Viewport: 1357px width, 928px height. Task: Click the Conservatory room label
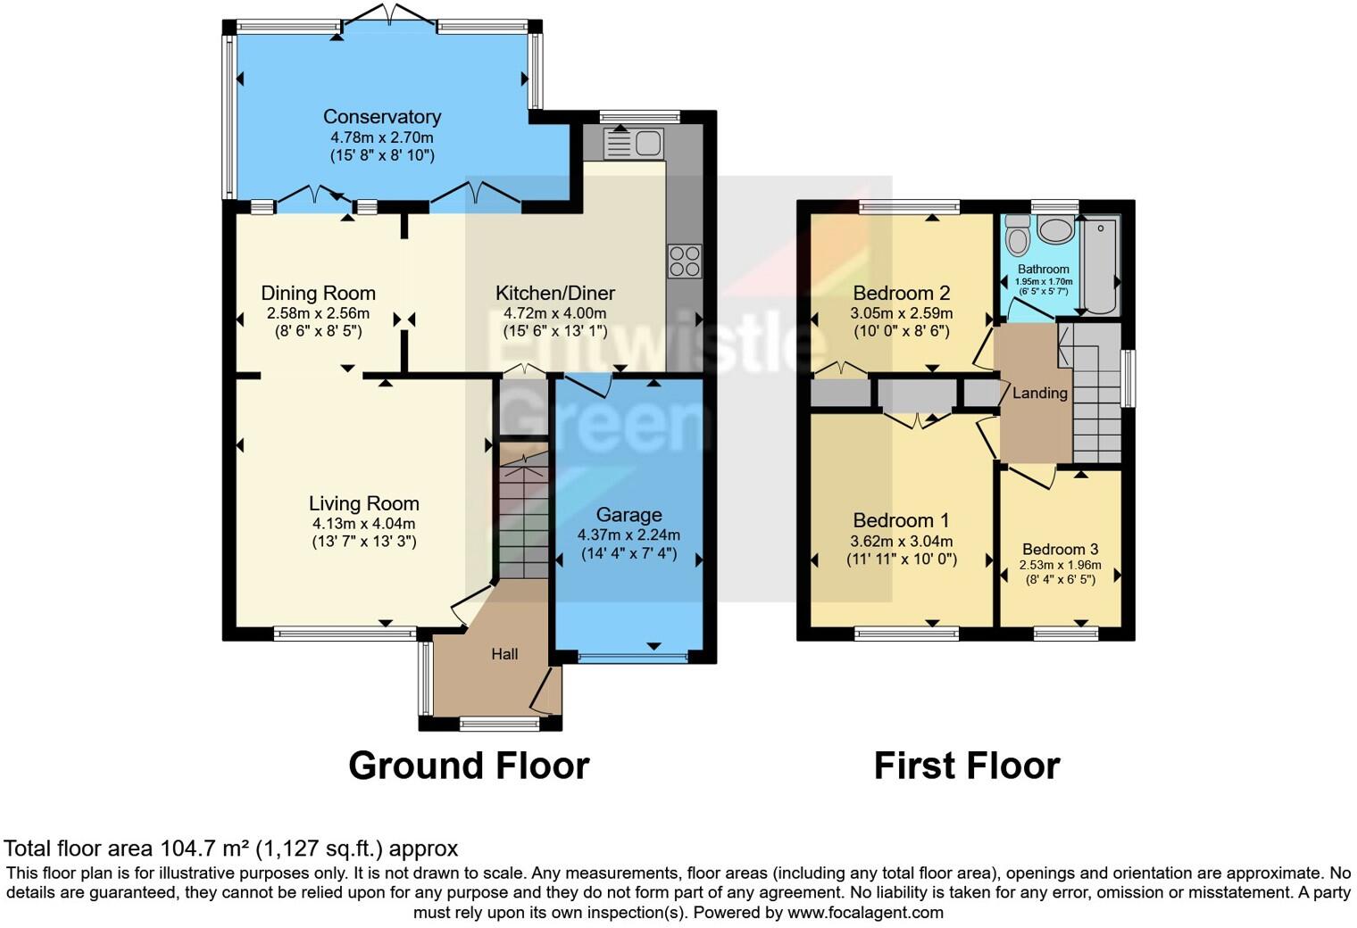click(381, 117)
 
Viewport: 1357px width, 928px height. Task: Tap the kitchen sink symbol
click(632, 143)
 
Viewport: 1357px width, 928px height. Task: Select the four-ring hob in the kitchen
click(685, 261)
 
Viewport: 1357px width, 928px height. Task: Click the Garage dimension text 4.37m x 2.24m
click(629, 535)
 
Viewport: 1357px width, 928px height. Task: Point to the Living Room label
click(363, 503)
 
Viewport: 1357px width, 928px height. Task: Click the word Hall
click(504, 654)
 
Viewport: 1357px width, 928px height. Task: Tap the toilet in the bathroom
click(1017, 236)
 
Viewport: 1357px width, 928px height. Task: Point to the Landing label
click(1039, 393)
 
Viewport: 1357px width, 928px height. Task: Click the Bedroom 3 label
click(1060, 549)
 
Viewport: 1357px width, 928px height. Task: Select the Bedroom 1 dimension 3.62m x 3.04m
click(901, 541)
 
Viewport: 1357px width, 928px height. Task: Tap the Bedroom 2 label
click(901, 293)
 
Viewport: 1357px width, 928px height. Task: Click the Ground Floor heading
click(469, 766)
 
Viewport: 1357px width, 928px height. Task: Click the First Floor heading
click(966, 766)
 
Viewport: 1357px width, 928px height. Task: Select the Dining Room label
click(318, 293)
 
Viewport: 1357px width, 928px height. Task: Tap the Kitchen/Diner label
click(554, 293)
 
